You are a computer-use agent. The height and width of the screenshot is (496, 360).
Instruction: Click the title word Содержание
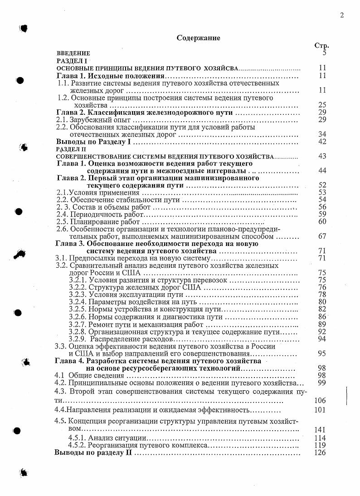pos(198,38)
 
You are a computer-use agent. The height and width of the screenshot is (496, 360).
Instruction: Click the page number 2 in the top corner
pos(341,15)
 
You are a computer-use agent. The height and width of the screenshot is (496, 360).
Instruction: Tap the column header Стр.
pos(321,45)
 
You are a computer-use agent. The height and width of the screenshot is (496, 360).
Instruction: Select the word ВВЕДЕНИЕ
pos(73,53)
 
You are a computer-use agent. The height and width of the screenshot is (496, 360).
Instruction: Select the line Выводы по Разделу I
pos(93,142)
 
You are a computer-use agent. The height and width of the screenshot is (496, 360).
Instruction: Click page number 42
pos(322,142)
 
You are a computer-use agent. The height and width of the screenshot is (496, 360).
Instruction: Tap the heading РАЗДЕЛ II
pos(71,149)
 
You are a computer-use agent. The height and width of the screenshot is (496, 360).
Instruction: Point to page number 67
pos(322,236)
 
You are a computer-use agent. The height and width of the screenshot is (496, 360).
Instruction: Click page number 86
pos(322,316)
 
